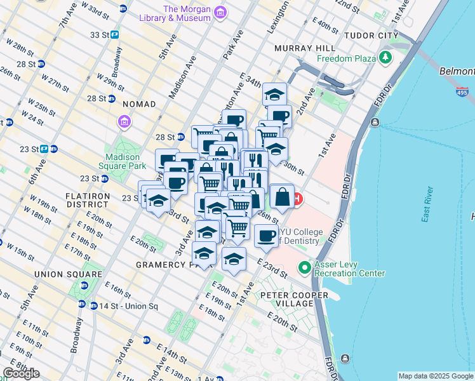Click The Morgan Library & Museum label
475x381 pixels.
tap(187, 13)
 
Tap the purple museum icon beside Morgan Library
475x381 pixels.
tap(220, 13)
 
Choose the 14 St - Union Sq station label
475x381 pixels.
tap(127, 306)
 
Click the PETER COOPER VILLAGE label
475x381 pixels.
tap(294, 300)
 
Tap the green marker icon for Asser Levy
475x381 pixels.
tap(305, 267)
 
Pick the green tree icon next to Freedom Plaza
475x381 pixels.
tap(385, 58)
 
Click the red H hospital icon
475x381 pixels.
tap(297, 199)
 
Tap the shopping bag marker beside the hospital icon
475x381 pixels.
tap(282, 197)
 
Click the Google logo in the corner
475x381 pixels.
tap(21, 373)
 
